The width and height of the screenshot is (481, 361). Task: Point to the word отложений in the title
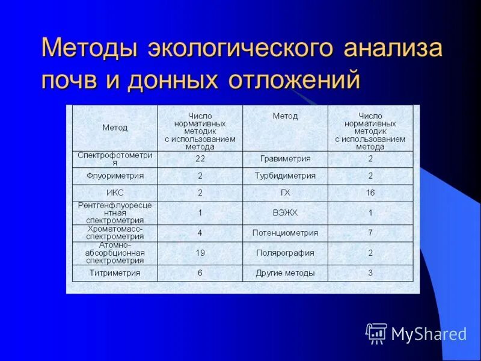[x=293, y=80]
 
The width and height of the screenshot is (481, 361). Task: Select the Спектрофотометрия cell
[x=115, y=159]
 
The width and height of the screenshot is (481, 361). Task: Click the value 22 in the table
[x=200, y=159]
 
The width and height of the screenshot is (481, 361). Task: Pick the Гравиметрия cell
[x=286, y=159]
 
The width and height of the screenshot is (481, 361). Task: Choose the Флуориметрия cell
[x=115, y=176]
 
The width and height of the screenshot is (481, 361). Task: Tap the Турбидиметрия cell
[x=286, y=176]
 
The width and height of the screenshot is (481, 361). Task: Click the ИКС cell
[x=115, y=193]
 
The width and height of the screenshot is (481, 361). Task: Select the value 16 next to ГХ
[x=370, y=193]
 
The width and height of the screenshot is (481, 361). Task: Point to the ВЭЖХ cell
[x=286, y=213]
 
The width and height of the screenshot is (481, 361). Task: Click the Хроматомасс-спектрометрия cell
[x=115, y=233]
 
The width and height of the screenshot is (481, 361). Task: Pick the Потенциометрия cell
[x=286, y=233]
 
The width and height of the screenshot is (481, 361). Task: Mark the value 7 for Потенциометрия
[x=370, y=233]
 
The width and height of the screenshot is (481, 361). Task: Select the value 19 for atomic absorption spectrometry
[x=200, y=253]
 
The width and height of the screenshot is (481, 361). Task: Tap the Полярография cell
[x=286, y=253]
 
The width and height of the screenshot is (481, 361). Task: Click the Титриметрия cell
[x=115, y=273]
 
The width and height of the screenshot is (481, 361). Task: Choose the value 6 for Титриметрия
[x=200, y=273]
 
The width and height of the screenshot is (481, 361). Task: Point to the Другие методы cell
[x=286, y=273]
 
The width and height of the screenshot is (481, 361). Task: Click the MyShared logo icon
[x=376, y=333]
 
